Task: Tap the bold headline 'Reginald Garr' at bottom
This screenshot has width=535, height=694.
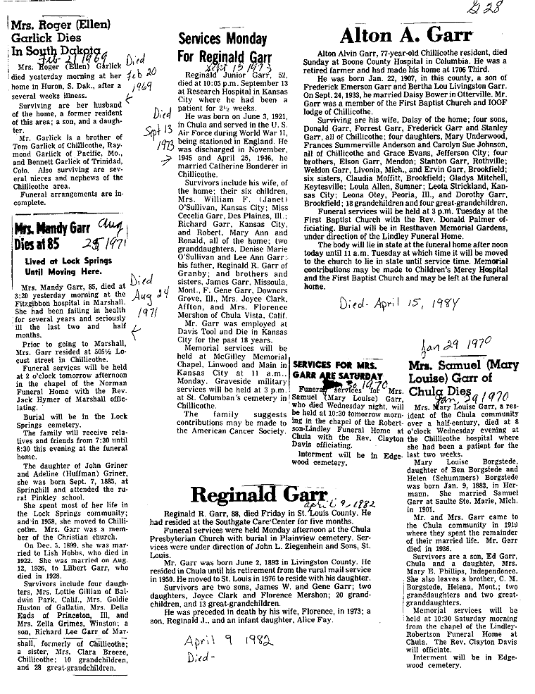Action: click(260, 495)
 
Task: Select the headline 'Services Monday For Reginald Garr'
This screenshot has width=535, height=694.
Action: click(219, 47)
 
